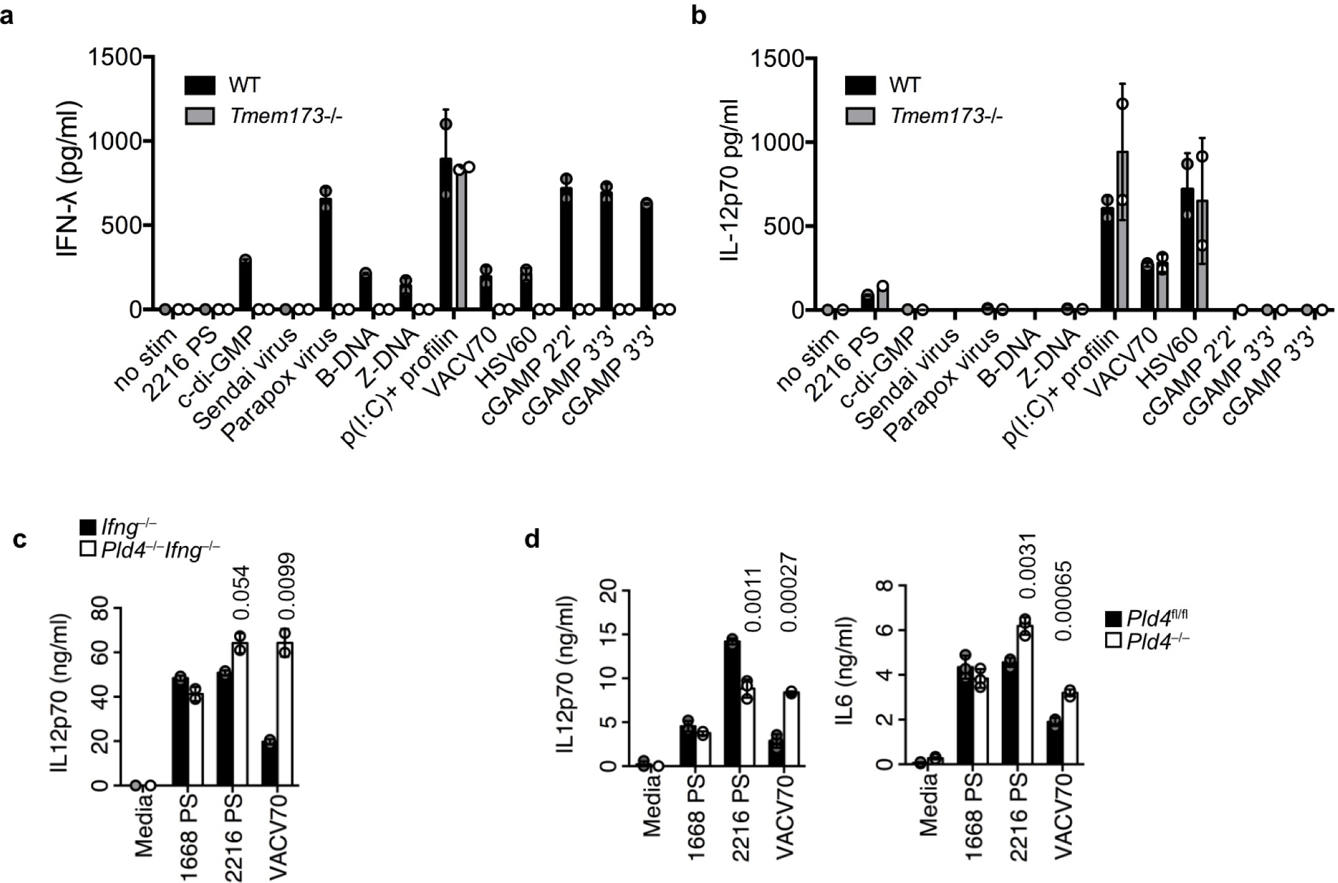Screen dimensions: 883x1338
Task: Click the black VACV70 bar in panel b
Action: pos(1147,286)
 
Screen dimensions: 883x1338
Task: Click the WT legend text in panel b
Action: pos(904,85)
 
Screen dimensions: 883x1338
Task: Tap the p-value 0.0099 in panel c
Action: pos(286,590)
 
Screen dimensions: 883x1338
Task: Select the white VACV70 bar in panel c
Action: pos(285,713)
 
